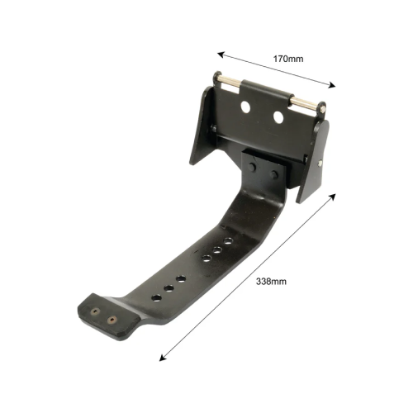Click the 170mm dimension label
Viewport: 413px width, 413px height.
click(287, 59)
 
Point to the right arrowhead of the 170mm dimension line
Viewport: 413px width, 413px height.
click(334, 84)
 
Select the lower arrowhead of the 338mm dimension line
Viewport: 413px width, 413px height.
click(160, 358)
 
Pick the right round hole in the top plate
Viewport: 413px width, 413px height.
click(278, 119)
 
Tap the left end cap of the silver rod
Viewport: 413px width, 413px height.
click(221, 78)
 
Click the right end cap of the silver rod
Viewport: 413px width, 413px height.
click(321, 107)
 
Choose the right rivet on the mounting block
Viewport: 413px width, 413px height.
click(273, 173)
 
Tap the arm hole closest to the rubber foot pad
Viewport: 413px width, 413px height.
click(154, 296)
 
